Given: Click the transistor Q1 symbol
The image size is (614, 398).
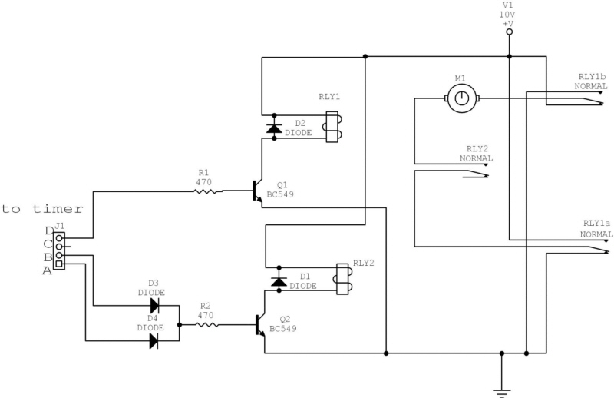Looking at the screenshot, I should pyautogui.click(x=259, y=192).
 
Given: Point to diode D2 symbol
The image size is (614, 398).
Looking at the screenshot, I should pyautogui.click(x=274, y=128).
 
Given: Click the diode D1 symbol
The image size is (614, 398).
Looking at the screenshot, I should pyautogui.click(x=279, y=281).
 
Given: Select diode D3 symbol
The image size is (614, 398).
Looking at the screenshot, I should pyautogui.click(x=153, y=305).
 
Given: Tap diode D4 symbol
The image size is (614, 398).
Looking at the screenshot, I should pyautogui.click(x=153, y=340).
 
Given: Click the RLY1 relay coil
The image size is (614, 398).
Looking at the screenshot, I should pyautogui.click(x=332, y=128).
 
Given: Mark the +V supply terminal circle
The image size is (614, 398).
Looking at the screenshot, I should pyautogui.click(x=509, y=32).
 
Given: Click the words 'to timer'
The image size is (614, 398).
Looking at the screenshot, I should pyautogui.click(x=42, y=208).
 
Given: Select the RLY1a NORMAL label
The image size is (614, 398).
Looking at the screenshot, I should pyautogui.click(x=596, y=229).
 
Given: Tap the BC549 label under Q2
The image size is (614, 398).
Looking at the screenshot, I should pyautogui.click(x=283, y=328).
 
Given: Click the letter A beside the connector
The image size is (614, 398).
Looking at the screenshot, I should pyautogui.click(x=47, y=270).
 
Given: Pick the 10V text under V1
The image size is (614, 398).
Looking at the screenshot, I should pyautogui.click(x=508, y=15).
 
